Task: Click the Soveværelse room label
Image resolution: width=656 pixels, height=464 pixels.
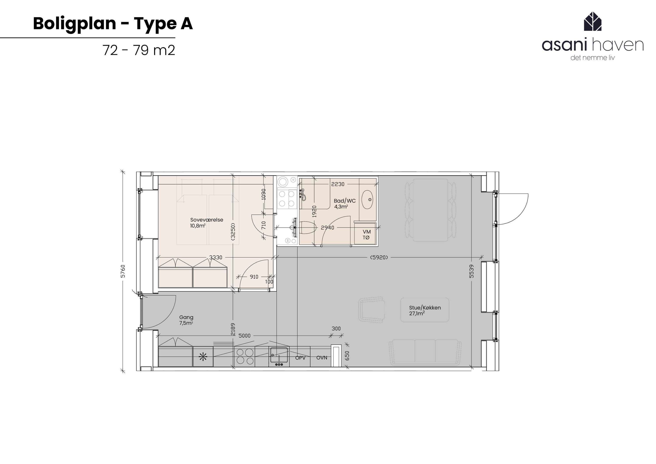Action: [x=207, y=220]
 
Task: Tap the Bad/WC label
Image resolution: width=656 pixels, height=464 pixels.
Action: [x=345, y=201]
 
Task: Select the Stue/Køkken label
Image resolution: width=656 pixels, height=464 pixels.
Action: [x=425, y=308]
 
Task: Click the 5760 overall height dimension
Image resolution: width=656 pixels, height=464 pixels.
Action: [x=123, y=271]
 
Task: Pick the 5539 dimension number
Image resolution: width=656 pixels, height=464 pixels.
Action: [x=471, y=271]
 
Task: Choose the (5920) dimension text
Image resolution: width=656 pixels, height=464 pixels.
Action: [x=379, y=257]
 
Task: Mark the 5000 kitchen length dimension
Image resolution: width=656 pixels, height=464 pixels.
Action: [x=244, y=336]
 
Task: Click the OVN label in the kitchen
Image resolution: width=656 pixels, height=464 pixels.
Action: [x=322, y=357]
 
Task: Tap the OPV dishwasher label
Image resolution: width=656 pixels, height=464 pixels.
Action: [x=300, y=357]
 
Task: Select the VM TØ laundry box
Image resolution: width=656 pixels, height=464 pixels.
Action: [x=366, y=235]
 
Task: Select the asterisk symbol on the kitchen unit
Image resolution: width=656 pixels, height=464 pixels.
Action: [x=203, y=357]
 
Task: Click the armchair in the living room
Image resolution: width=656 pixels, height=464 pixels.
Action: [x=372, y=310]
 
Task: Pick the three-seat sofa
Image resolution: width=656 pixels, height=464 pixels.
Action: [x=425, y=352]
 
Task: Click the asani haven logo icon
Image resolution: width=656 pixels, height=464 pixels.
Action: [x=593, y=21]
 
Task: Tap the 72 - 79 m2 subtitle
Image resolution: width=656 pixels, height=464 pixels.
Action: [x=139, y=50]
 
